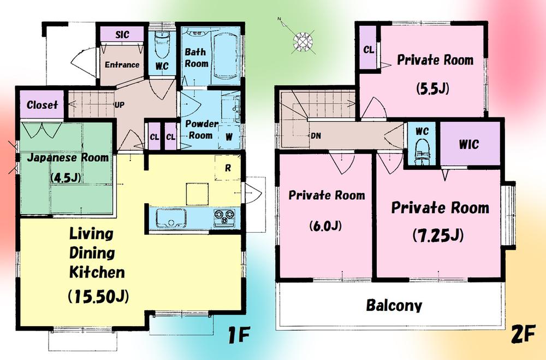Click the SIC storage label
122,35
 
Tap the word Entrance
122,64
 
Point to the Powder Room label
201,129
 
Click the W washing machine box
228,137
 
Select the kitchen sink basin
170,219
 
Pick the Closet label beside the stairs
42,105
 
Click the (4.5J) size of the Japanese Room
64,178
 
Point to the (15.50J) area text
98,297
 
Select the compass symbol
300,40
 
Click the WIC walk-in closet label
468,145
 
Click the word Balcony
394,305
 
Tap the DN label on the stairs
316,135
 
